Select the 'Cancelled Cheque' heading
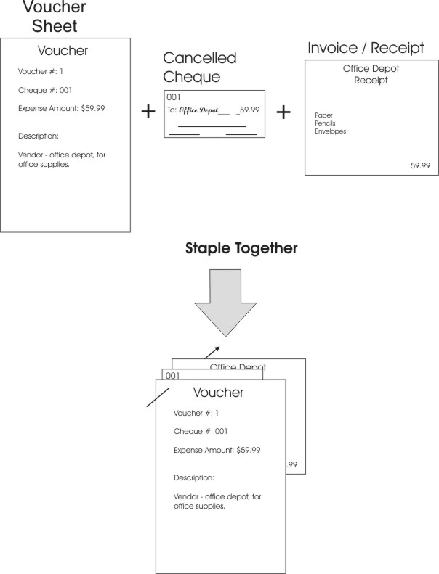click(x=200, y=67)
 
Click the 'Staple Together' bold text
click(x=225, y=249)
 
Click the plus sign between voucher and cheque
click(x=148, y=112)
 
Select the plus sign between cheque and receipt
click(x=283, y=112)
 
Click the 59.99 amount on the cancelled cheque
click(x=249, y=111)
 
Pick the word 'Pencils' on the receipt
click(x=325, y=123)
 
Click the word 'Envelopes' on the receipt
click(x=330, y=131)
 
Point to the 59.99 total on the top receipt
click(x=420, y=165)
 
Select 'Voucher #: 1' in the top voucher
click(x=41, y=71)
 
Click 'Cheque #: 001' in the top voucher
click(x=44, y=90)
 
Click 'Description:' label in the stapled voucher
click(x=193, y=478)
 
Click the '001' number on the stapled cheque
click(x=172, y=376)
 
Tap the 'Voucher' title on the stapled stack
click(x=218, y=393)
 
